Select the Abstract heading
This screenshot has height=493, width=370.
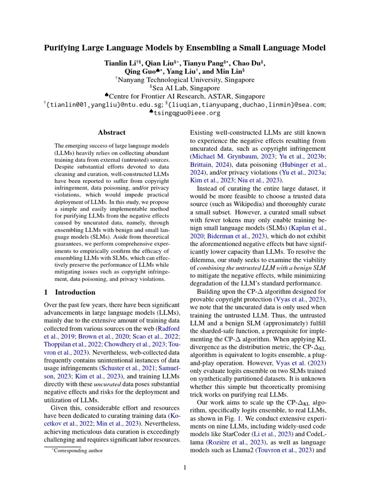[x=112, y=132]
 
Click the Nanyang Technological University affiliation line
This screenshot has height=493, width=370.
[x=185, y=80]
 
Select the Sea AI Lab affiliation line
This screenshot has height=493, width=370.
[x=185, y=88]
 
